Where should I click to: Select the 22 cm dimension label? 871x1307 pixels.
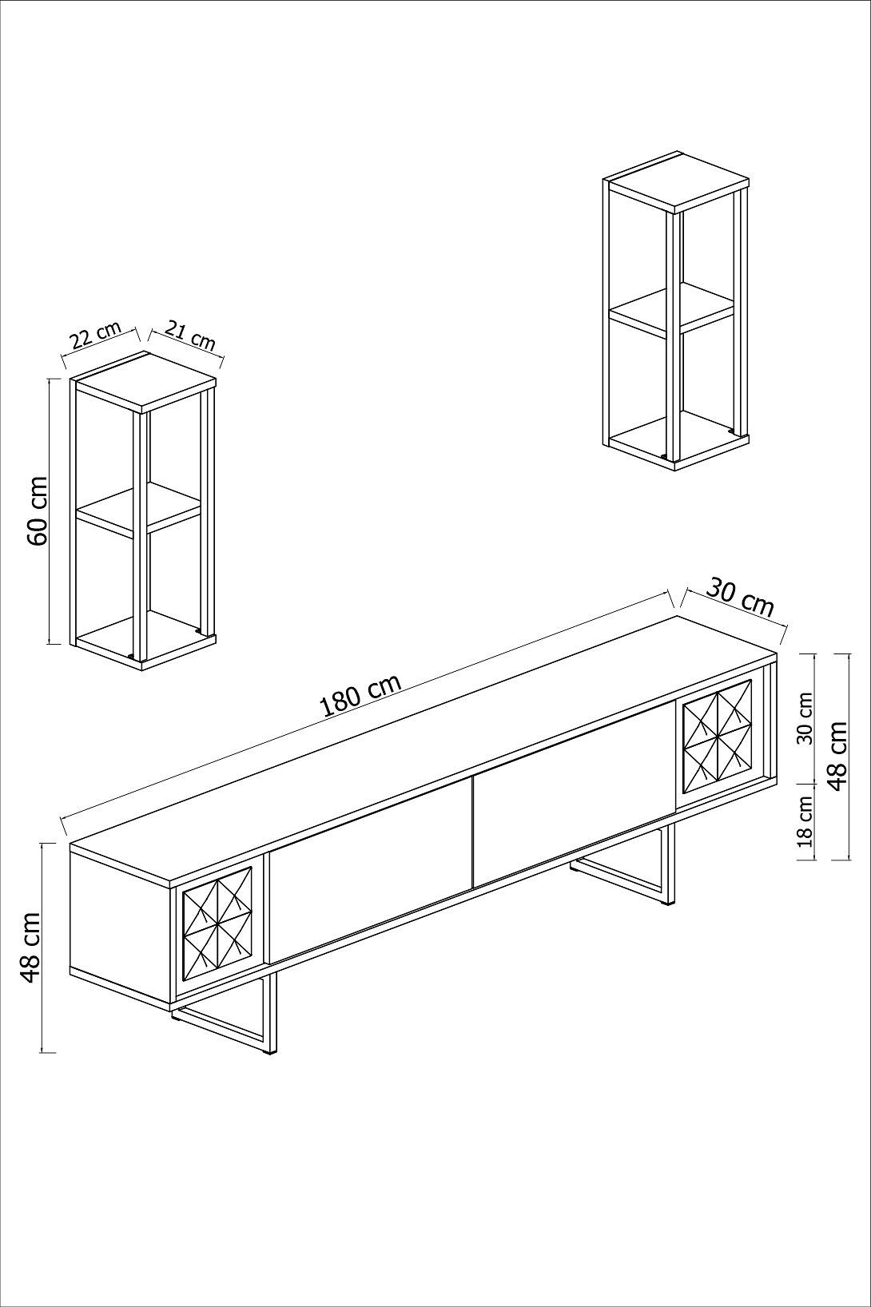[95, 336]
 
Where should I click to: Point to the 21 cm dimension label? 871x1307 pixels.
[191, 336]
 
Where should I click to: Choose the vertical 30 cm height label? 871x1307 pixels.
[805, 718]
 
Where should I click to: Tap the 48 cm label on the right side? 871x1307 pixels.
[837, 756]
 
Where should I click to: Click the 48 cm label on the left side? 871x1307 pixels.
[30, 947]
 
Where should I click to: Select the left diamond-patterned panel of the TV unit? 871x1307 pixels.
[217, 923]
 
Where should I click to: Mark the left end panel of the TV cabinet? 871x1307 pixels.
[121, 919]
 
